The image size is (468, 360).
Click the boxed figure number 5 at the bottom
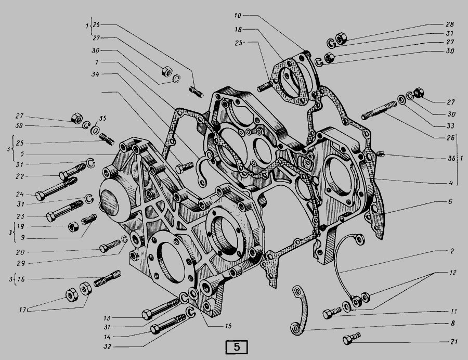(237, 347)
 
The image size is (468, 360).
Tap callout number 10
(238, 16)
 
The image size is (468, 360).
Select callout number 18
(238, 29)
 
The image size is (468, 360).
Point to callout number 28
(450, 24)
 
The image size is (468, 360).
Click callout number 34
(96, 74)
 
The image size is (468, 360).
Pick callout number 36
(451, 158)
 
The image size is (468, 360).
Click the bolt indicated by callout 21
(352, 339)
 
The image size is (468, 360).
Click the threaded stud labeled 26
(379, 110)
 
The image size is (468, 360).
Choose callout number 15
(228, 326)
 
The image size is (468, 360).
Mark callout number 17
(23, 310)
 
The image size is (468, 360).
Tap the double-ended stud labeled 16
(108, 278)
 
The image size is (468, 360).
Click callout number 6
(450, 202)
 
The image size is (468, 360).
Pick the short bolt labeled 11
(332, 313)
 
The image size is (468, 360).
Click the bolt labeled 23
(64, 211)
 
